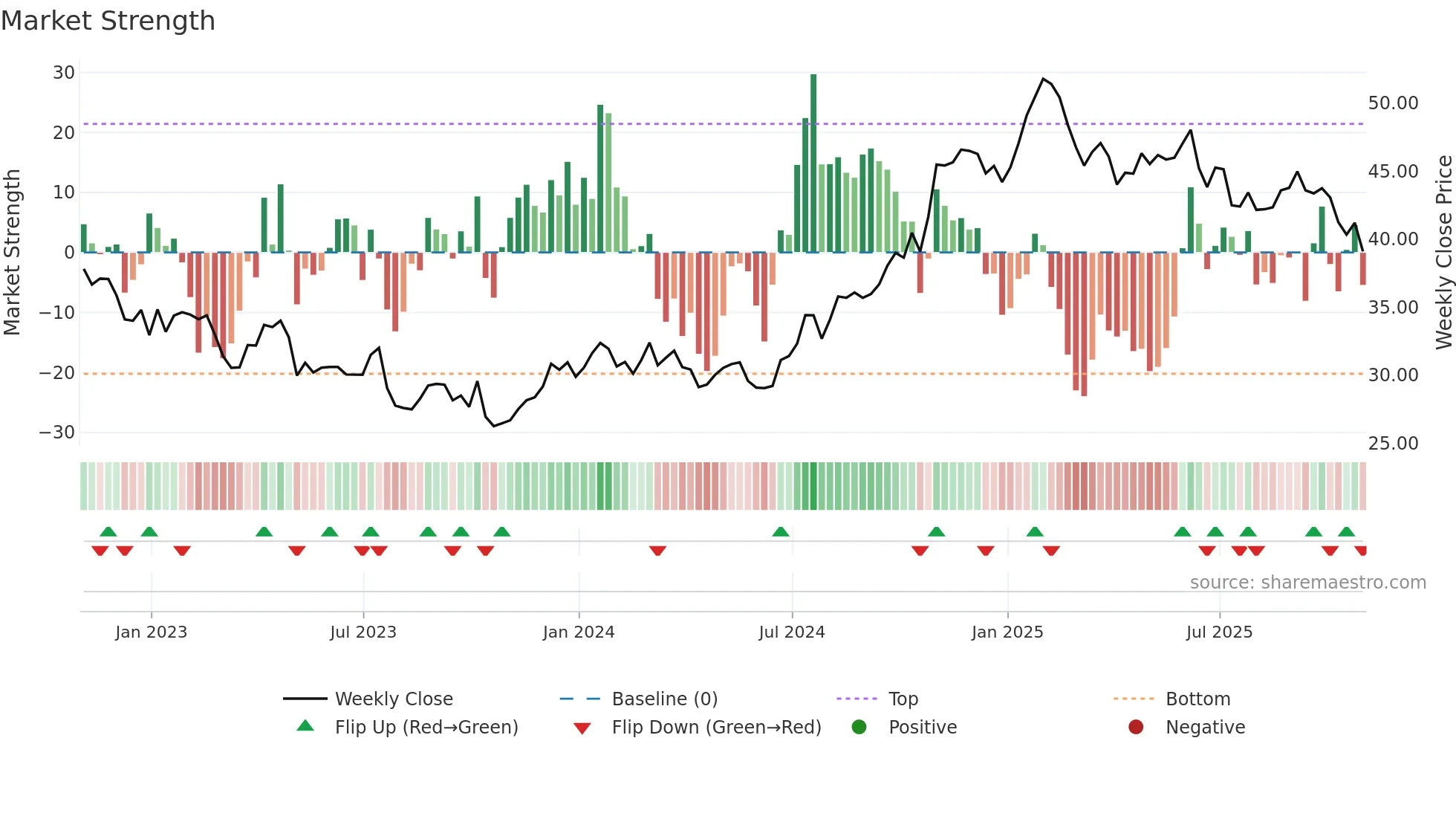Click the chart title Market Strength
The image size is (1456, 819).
(108, 21)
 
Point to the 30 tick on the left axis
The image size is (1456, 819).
(64, 73)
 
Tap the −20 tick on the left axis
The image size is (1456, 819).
(57, 373)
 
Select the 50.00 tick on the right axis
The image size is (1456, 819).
(1393, 103)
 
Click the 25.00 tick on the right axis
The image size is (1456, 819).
(1393, 444)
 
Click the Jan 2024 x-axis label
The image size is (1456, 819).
(579, 632)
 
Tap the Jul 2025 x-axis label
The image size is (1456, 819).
(1219, 632)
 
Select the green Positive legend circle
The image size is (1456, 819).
(859, 728)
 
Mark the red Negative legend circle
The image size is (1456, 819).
(1136, 728)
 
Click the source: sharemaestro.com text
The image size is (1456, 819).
(1307, 583)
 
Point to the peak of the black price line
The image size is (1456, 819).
(1044, 79)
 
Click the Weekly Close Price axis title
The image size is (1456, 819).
(1443, 253)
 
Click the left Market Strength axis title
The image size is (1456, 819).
(13, 253)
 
